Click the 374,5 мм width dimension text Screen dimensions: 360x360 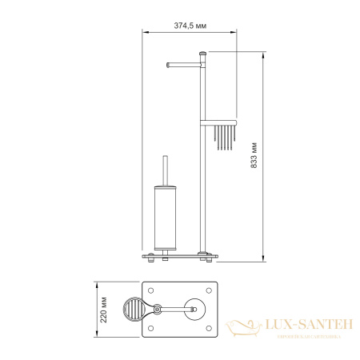(x=190, y=25)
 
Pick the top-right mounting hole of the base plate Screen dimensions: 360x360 (x=212, y=290)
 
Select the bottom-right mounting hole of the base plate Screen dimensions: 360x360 (x=212, y=327)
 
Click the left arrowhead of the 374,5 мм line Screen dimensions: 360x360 (x=146, y=32)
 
